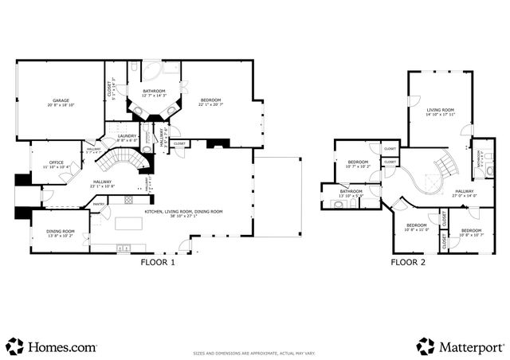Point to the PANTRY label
pyautogui.click(x=99, y=204)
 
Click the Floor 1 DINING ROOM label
pyautogui.click(x=60, y=233)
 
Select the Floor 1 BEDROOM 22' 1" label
pyautogui.click(x=211, y=102)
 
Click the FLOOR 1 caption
pyautogui.click(x=157, y=261)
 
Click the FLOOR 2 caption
pyautogui.click(x=407, y=261)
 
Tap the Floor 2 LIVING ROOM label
pyautogui.click(x=439, y=112)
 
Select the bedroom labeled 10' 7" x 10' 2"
pyautogui.click(x=358, y=165)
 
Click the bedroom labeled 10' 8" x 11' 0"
pyautogui.click(x=416, y=228)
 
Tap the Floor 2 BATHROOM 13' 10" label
pyautogui.click(x=351, y=193)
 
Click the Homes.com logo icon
pyautogui.click(x=15, y=346)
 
